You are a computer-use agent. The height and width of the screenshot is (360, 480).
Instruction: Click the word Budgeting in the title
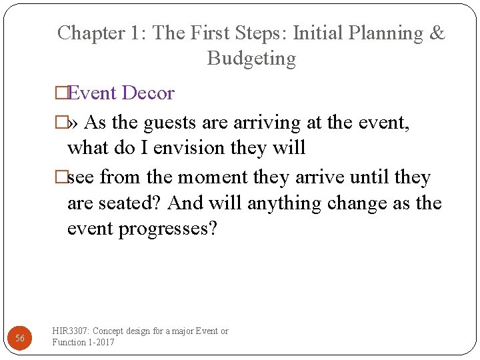251,59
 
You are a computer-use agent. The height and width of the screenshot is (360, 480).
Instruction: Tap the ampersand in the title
437,33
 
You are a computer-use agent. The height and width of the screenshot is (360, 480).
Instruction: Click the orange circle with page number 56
20,339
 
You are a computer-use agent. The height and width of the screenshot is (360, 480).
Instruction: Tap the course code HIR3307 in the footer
71,331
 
